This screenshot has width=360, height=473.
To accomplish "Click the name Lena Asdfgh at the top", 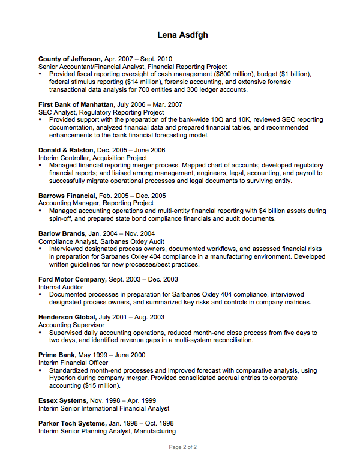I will pyautogui.click(x=182, y=35).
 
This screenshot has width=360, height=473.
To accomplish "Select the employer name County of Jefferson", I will pyautogui.click(x=70, y=59).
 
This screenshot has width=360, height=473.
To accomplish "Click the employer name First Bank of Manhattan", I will pyautogui.click(x=76, y=104).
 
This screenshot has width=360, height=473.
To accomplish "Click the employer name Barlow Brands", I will pyautogui.click(x=62, y=233).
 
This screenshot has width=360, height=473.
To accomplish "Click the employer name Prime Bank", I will pyautogui.click(x=58, y=355).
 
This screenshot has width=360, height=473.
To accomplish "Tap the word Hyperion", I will pyautogui.click(x=64, y=378).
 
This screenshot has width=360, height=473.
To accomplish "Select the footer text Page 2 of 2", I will pyautogui.click(x=182, y=447).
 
